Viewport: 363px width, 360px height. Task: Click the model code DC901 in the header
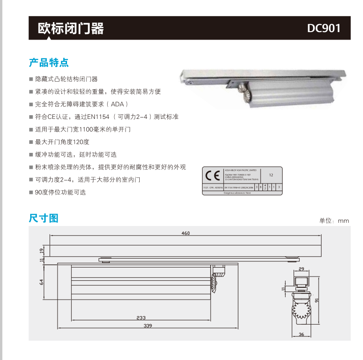pos(323,28)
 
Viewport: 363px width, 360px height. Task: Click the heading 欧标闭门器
pos(71,28)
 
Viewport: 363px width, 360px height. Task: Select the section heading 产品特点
pos(49,62)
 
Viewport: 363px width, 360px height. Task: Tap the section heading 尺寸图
pos(43,218)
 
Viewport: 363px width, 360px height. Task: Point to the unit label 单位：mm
pos(334,220)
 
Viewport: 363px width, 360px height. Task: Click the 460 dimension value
pos(186,233)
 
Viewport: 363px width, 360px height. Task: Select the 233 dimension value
pos(141,318)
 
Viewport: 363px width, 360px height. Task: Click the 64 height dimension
pos(42,282)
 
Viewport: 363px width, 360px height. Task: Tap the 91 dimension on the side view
pos(317,300)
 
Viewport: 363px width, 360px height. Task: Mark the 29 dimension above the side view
pos(302,269)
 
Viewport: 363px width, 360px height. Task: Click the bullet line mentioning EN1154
pos(107,117)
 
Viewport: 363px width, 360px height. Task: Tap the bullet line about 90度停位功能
pos(60,193)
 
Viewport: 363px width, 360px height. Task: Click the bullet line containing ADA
pos(81,104)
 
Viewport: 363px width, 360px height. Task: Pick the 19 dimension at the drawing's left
pos(42,250)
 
